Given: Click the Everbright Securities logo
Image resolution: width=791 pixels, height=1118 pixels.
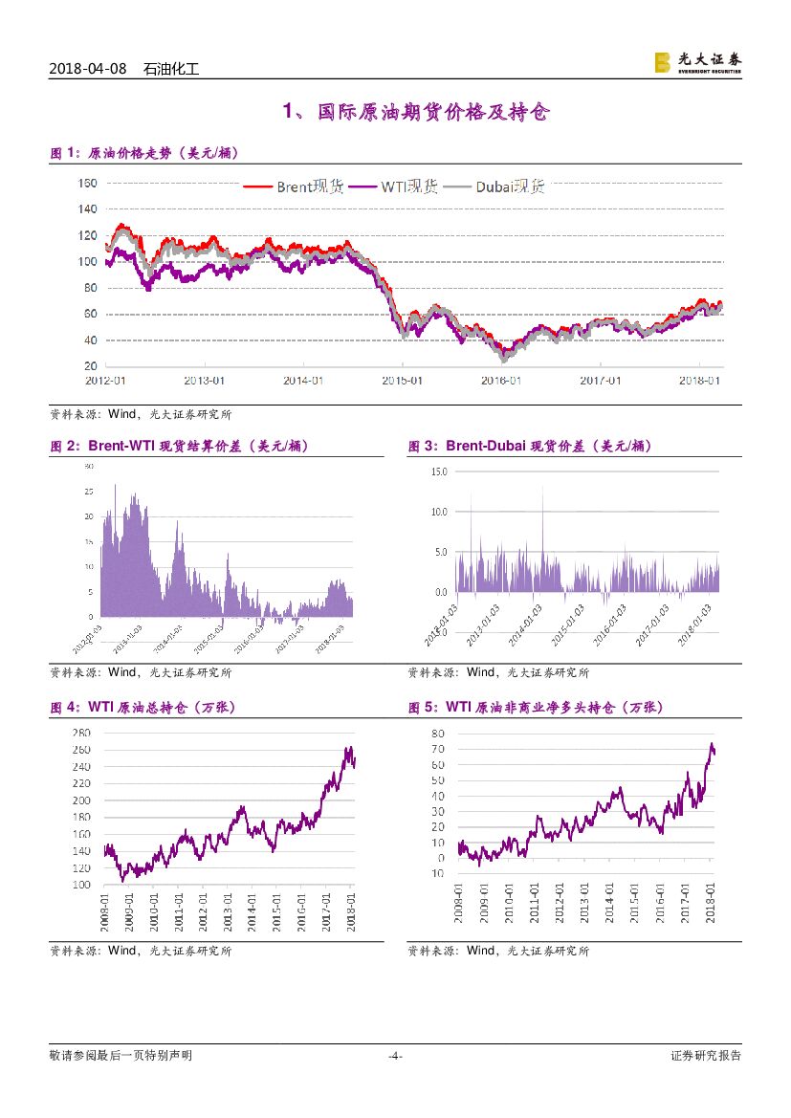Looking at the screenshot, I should pyautogui.click(x=697, y=62).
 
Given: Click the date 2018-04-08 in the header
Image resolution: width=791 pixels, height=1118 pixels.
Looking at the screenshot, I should pyautogui.click(x=87, y=70).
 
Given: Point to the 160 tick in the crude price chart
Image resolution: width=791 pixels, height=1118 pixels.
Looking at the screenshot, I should pyautogui.click(x=87, y=183).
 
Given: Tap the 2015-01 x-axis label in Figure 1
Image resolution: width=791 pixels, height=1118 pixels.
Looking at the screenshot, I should pyautogui.click(x=402, y=380).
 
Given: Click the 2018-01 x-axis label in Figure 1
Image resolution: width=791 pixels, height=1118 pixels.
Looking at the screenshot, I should pyautogui.click(x=699, y=380).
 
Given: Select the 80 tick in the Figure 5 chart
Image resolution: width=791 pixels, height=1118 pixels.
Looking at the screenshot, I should pyautogui.click(x=438, y=734).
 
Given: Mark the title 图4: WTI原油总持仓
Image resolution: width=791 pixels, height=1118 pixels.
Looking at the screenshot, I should pyautogui.click(x=143, y=708).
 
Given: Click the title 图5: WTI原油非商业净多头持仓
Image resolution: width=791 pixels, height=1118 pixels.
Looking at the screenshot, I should pyautogui.click(x=535, y=708).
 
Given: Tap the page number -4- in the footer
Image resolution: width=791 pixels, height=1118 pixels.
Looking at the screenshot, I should pyautogui.click(x=395, y=1056).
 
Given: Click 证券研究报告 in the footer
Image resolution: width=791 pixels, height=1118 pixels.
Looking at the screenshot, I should pyautogui.click(x=705, y=1056).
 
